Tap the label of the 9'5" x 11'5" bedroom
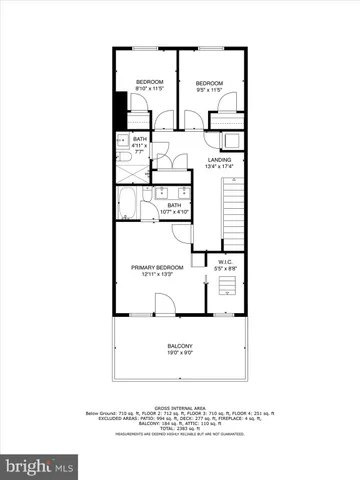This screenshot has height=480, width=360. pyautogui.click(x=208, y=82)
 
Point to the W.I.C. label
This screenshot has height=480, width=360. pyautogui.click(x=224, y=263)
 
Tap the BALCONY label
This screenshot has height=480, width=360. pyautogui.click(x=180, y=346)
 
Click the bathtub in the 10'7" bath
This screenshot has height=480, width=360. pyautogui.click(x=128, y=206)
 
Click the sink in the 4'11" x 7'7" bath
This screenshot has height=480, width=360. pyautogui.click(x=122, y=140)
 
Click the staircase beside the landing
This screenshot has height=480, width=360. pyautogui.click(x=233, y=210)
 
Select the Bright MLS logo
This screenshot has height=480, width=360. pyautogui.click(x=40, y=465)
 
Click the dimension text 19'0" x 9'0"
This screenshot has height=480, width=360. pyautogui.click(x=180, y=354)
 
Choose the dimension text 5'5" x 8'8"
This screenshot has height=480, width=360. pyautogui.click(x=224, y=270)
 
